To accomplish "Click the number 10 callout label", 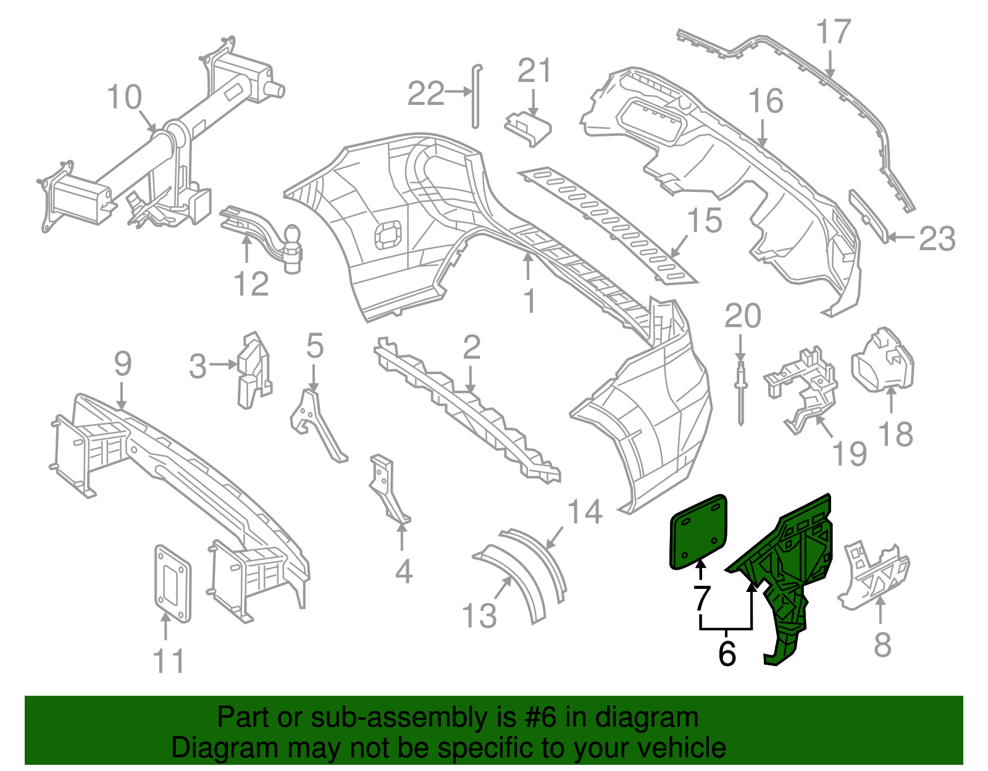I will click(124, 98).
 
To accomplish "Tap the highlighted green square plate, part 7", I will click(698, 531).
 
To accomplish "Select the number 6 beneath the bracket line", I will click(727, 654).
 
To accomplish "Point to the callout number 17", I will click(834, 32).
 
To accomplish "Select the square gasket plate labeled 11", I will click(172, 583).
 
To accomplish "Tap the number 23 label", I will click(937, 239).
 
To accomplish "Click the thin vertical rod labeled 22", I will click(475, 96).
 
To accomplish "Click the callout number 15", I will click(705, 221).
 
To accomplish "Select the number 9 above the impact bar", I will click(122, 364).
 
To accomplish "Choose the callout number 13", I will click(479, 616).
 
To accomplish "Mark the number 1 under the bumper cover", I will click(529, 301).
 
